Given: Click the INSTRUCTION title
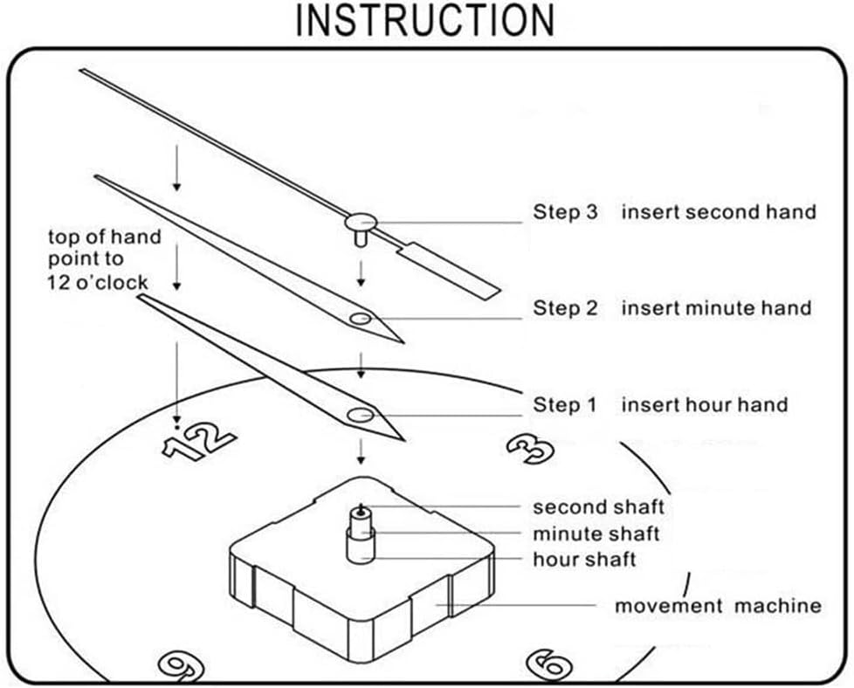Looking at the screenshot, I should pyautogui.click(x=425, y=20).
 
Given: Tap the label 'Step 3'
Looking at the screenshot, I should pyautogui.click(x=566, y=212).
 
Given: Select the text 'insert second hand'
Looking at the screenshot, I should pyautogui.click(x=718, y=212).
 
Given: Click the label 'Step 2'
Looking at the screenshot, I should pyautogui.click(x=566, y=308).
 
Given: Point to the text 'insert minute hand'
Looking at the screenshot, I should pyautogui.click(x=716, y=308).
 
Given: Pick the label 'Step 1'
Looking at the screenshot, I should pyautogui.click(x=566, y=405).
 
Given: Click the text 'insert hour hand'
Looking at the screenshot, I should pyautogui.click(x=704, y=405).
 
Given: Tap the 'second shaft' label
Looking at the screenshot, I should pyautogui.click(x=598, y=507).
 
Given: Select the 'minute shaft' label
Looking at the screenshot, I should pyautogui.click(x=596, y=533).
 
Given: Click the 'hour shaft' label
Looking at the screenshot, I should pyautogui.click(x=584, y=560).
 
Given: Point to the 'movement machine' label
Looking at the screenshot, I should pyautogui.click(x=718, y=606).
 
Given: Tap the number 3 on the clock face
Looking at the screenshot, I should pyautogui.click(x=531, y=448).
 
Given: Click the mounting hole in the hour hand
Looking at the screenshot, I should pyautogui.click(x=359, y=416).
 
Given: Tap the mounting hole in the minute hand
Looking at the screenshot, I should pyautogui.click(x=360, y=319).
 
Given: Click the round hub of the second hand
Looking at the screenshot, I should pyautogui.click(x=361, y=222).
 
